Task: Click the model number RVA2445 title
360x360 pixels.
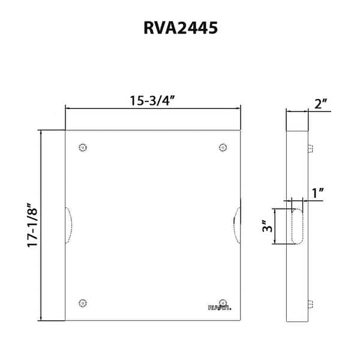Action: click(179, 28)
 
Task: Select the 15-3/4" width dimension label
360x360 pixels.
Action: click(152, 101)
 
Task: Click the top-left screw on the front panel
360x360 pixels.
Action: click(83, 148)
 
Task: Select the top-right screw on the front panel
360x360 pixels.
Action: click(223, 148)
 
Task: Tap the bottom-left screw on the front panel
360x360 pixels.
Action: click(83, 302)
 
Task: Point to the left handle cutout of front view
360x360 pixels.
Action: click(68, 225)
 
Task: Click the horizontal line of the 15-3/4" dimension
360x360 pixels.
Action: click(152, 109)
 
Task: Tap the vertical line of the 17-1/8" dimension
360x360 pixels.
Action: click(41, 225)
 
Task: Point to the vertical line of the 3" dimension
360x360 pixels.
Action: click(275, 226)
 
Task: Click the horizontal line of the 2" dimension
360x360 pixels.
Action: click(298, 111)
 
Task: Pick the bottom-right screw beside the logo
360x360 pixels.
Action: click(223, 302)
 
